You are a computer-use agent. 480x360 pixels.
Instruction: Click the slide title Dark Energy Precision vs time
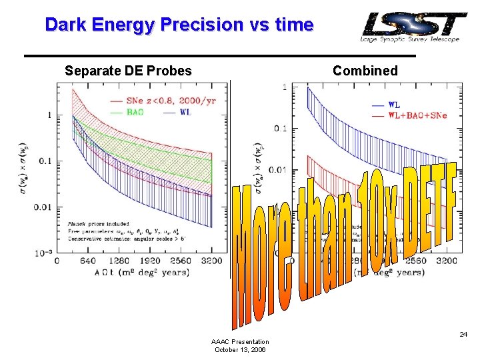click(179, 25)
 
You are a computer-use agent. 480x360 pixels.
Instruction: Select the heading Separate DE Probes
click(128, 71)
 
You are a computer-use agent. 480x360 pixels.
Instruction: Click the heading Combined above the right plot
click(365, 71)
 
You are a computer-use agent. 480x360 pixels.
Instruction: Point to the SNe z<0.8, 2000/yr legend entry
click(159, 101)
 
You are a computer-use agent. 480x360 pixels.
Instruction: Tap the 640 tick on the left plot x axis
click(87, 261)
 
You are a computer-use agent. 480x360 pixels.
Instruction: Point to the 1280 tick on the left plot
click(119, 261)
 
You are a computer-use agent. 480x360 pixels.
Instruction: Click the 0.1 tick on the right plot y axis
click(281, 129)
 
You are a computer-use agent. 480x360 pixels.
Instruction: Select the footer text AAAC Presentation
click(240, 341)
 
